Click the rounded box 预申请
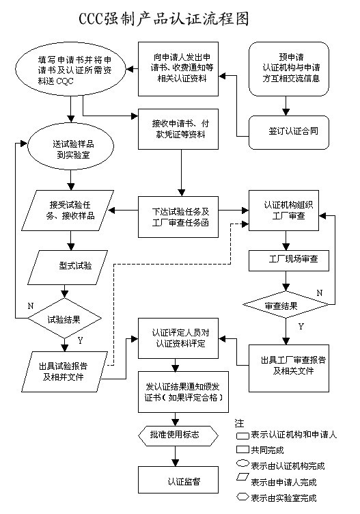coord(290,70)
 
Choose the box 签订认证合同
coord(290,128)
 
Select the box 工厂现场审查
coord(290,260)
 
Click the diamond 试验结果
coord(66,319)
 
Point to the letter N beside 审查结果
coord(319,293)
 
